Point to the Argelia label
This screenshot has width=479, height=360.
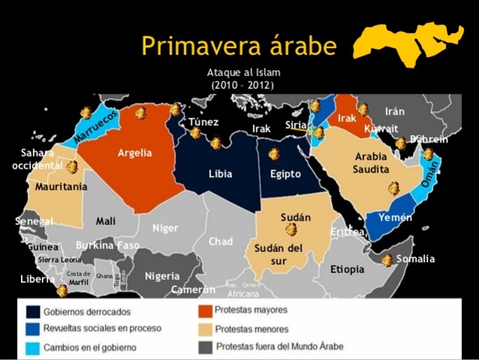pos(134,153)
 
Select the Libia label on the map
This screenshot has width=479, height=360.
pos(220,174)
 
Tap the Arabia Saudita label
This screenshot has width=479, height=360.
pos(371,163)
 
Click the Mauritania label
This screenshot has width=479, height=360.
pos(61,186)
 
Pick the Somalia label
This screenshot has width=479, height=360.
pos(415,259)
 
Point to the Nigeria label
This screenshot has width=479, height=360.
pos(162,276)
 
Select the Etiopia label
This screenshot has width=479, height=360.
pos(347,269)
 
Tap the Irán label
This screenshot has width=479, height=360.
pos(395,111)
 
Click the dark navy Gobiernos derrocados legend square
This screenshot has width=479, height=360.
pos(34,311)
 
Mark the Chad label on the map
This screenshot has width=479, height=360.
pos(220,241)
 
